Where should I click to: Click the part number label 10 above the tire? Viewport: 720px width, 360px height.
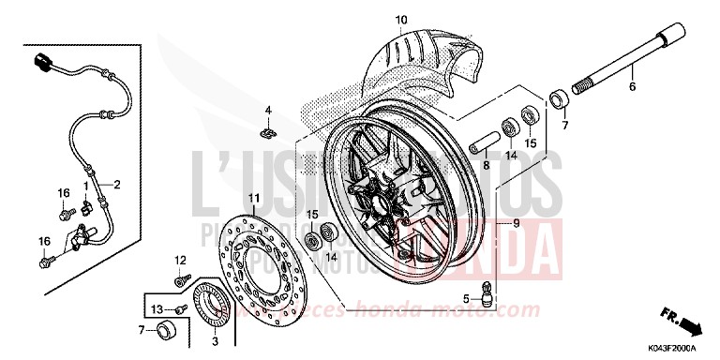pos(401,20)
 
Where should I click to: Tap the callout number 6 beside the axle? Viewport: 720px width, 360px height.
pos(632,86)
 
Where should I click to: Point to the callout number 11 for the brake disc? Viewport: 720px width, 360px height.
pos(252,197)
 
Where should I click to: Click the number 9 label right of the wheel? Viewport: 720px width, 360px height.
pos(514,222)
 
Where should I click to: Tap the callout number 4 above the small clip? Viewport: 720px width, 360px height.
pos(267,111)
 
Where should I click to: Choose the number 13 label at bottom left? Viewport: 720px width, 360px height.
pos(157,309)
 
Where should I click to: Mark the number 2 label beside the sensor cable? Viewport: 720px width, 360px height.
pos(118,185)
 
